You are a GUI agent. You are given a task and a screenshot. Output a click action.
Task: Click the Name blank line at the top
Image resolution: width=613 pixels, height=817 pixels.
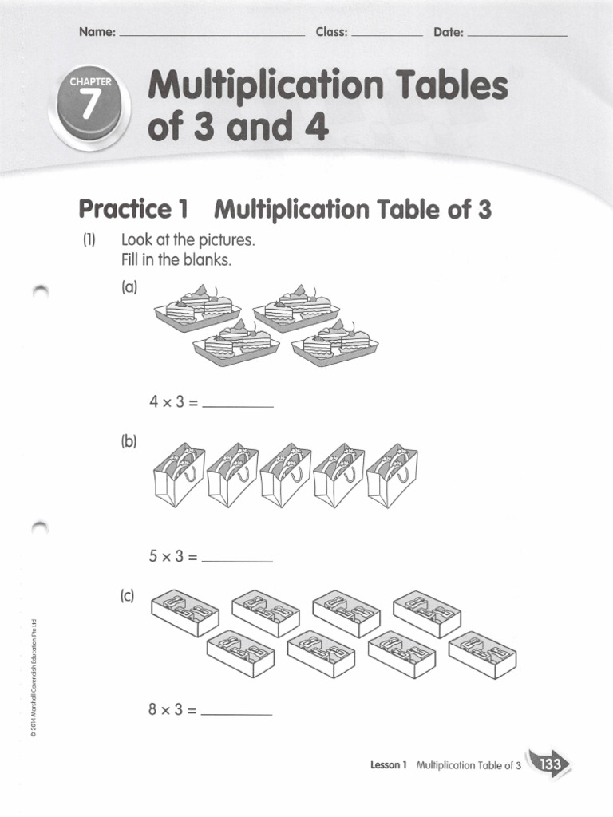[x=211, y=35]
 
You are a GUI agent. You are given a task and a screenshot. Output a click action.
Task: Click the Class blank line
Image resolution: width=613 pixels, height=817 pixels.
[x=386, y=35]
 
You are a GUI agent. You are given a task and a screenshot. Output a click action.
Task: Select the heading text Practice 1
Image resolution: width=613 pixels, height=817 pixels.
[x=132, y=210]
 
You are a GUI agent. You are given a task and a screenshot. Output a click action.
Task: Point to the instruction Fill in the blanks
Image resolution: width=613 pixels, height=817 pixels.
[x=176, y=260]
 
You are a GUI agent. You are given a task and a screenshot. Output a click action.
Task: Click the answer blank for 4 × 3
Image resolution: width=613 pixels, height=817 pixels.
[x=238, y=405]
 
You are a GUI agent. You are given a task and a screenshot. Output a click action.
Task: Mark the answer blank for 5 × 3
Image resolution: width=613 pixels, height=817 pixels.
[x=238, y=558]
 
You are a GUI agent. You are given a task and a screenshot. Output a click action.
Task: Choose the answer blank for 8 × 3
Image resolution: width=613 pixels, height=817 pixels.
[x=238, y=711]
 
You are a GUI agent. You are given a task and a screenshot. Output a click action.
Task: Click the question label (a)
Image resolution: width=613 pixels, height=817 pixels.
[x=129, y=287]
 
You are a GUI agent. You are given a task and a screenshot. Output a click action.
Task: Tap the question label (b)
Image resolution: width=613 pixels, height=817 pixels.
[x=129, y=441]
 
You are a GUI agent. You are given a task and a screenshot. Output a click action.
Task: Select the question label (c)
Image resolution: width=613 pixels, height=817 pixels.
[x=129, y=595]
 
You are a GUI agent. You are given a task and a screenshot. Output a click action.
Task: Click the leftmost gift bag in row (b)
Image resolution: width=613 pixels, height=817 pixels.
[x=178, y=474]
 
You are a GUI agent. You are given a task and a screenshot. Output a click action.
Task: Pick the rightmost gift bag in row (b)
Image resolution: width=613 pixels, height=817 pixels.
[x=391, y=474]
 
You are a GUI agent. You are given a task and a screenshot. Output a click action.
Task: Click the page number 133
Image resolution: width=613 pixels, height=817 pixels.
[x=549, y=765]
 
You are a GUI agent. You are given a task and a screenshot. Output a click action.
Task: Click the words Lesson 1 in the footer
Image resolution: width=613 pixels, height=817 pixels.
[x=389, y=765]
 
